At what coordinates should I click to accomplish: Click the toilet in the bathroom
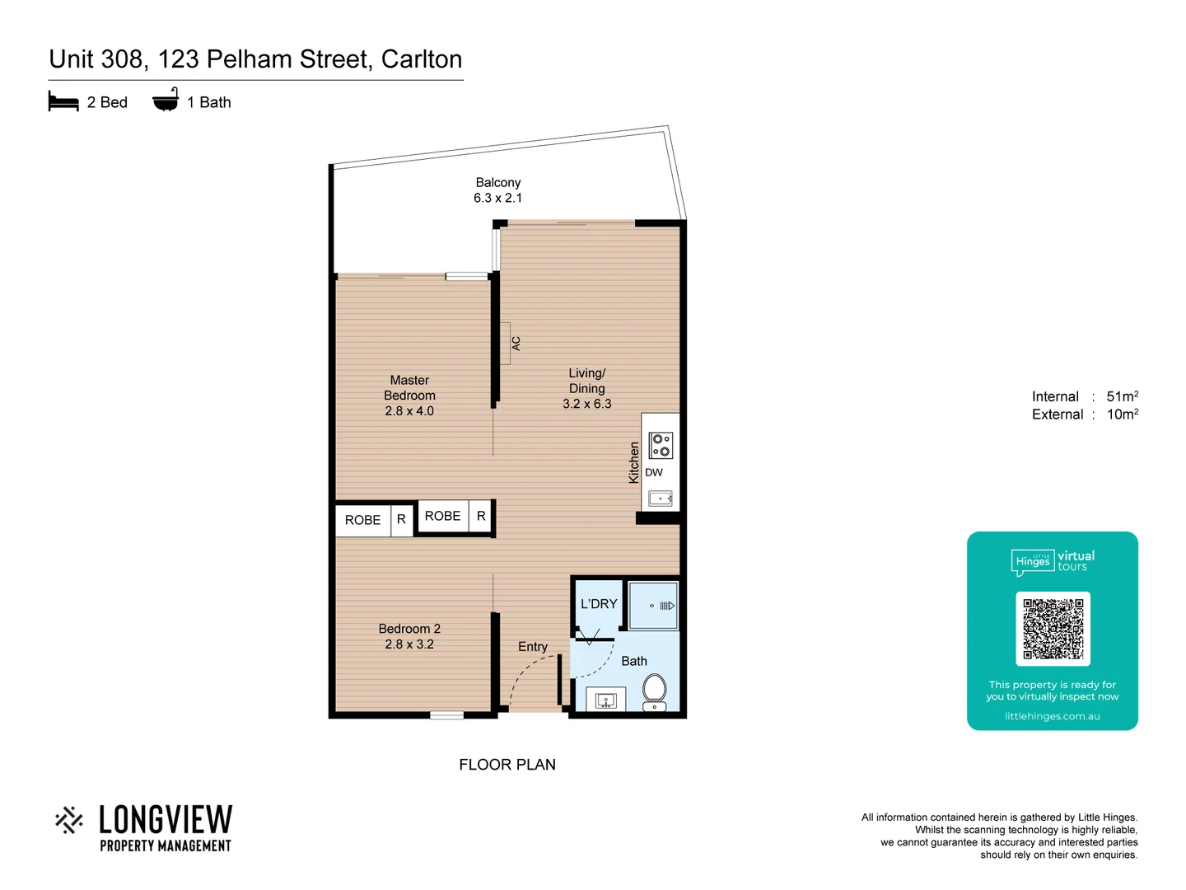tap(655, 690)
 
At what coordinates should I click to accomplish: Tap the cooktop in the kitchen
tap(661, 445)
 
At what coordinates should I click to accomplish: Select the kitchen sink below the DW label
tap(661, 498)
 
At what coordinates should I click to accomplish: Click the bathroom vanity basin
tap(606, 700)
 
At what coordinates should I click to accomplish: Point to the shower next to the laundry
tap(653, 606)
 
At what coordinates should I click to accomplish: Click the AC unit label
tap(516, 343)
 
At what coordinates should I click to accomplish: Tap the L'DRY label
tap(599, 604)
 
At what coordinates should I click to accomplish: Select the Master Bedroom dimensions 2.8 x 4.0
tap(409, 410)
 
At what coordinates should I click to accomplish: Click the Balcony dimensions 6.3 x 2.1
tap(497, 198)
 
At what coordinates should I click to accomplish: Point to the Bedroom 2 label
tap(409, 629)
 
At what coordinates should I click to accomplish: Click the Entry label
tap(533, 647)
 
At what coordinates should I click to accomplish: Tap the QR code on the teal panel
tap(1053, 629)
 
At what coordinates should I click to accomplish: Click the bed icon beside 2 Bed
tap(63, 102)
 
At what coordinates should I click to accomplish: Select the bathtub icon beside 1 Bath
tap(166, 101)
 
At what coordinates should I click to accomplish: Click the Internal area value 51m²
tap(1122, 396)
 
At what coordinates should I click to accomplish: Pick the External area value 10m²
tap(1122, 415)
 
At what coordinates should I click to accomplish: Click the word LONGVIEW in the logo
tap(166, 820)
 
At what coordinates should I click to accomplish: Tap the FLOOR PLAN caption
tap(507, 765)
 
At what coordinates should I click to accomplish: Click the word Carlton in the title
tap(422, 59)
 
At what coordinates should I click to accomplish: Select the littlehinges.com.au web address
tap(1053, 716)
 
